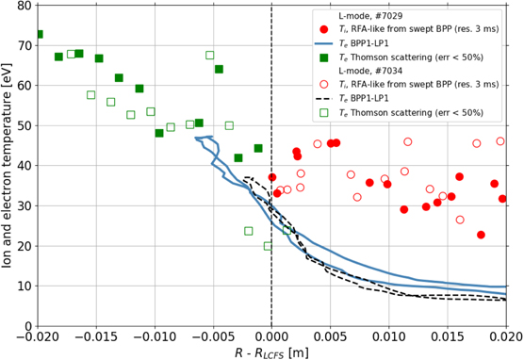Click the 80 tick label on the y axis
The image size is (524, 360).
click(x=23, y=6)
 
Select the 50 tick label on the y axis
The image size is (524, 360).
click(x=23, y=124)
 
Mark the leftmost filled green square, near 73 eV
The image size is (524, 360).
click(x=39, y=34)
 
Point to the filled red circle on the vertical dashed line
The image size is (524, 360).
click(x=272, y=177)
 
